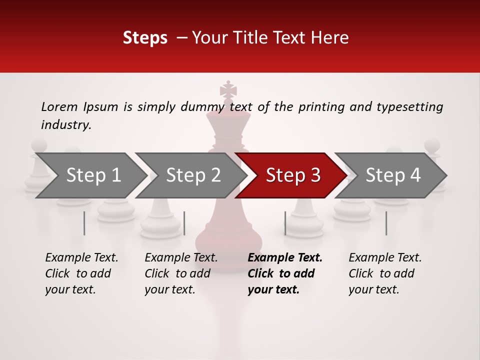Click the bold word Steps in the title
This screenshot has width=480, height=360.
pyautogui.click(x=145, y=37)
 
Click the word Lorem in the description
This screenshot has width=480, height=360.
pyautogui.click(x=59, y=106)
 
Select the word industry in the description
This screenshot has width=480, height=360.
pyautogui.click(x=65, y=125)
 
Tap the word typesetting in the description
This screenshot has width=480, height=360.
pyautogui.click(x=409, y=107)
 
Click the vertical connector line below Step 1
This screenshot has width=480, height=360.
pyautogui.click(x=84, y=223)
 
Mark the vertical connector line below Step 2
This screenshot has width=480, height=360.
pyautogui.click(x=184, y=223)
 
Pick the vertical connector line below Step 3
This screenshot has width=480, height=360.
pyautogui.click(x=285, y=223)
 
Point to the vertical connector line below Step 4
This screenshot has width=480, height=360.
pyautogui.click(x=386, y=223)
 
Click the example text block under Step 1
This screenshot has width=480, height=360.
pyautogui.click(x=81, y=273)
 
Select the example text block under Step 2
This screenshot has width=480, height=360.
pyautogui.click(x=181, y=273)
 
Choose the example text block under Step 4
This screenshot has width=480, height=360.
pyautogui.click(x=385, y=273)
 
